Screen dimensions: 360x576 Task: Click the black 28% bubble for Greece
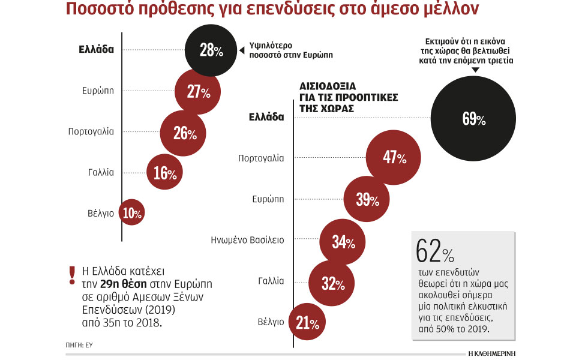208,50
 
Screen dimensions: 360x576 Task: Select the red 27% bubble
197,92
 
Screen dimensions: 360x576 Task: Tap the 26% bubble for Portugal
184,133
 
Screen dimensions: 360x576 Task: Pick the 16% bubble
165,173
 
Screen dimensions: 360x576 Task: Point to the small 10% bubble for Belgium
132,212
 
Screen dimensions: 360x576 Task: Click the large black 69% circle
473,119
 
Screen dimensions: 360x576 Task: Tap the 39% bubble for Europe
366,199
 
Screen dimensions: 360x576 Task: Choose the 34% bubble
343,242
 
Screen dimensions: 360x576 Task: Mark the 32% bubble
332,283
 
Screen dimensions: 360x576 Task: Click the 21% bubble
307,323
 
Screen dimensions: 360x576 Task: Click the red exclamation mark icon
72,275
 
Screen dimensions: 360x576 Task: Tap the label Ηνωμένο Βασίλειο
247,240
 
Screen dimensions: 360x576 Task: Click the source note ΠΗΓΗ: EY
79,346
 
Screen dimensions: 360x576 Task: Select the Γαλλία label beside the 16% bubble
100,172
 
